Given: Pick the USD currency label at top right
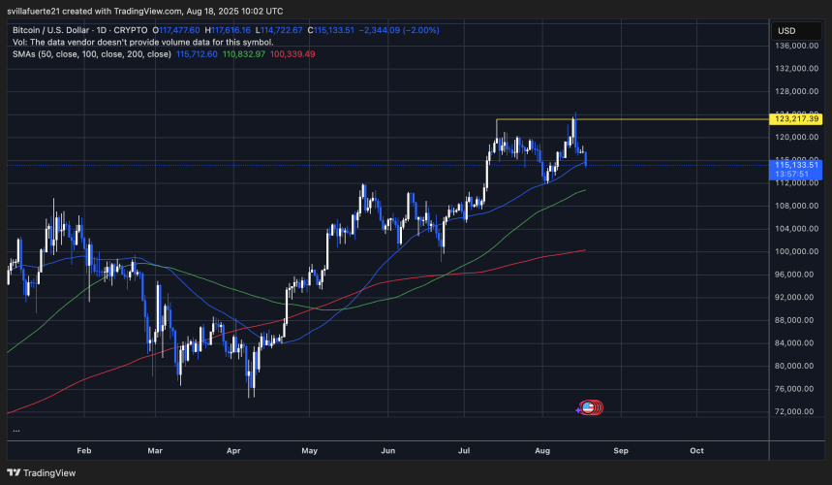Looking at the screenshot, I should (x=785, y=30).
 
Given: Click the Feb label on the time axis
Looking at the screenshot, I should (x=83, y=451).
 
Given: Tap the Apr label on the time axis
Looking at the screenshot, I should (x=233, y=451).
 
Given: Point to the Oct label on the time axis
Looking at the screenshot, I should (x=696, y=451).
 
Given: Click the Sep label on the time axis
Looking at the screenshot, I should (x=620, y=451).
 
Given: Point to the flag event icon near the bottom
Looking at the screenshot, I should (x=587, y=408).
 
